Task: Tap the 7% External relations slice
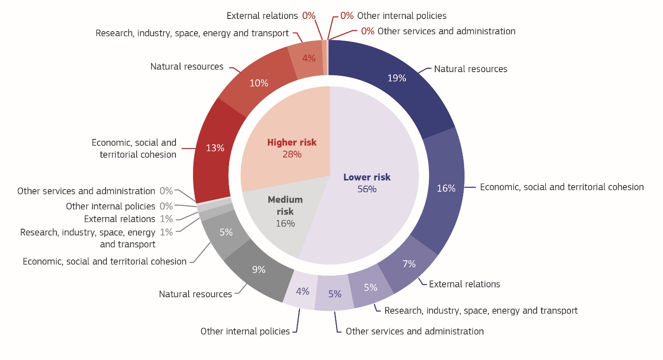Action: pyautogui.click(x=409, y=264)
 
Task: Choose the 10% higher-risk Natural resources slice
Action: pyautogui.click(x=259, y=83)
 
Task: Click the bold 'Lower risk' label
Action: pyautogui.click(x=367, y=177)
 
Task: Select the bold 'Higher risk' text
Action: pyautogui.click(x=292, y=143)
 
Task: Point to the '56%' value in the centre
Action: pyautogui.click(x=367, y=189)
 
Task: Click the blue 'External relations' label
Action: pyautogui.click(x=464, y=284)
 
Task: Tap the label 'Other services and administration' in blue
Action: pyautogui.click(x=414, y=332)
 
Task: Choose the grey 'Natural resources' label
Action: pyautogui.click(x=195, y=294)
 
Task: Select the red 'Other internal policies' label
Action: pyautogui.click(x=401, y=16)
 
